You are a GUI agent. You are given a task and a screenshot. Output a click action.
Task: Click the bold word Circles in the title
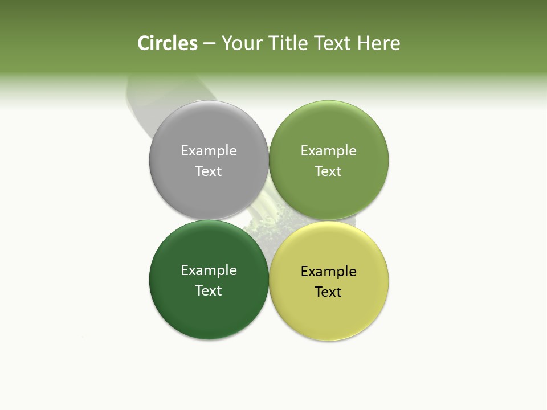pos(167,43)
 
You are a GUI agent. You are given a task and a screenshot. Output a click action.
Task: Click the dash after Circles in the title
pos(209,44)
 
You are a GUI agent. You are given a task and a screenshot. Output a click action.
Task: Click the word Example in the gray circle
pos(209,150)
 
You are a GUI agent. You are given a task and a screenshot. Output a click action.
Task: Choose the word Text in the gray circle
pos(209,171)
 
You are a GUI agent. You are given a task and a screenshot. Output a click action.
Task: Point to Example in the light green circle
pos(328,150)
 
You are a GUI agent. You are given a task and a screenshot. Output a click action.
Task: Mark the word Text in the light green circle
pos(328,171)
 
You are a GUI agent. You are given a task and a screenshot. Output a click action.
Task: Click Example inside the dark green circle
pos(209,270)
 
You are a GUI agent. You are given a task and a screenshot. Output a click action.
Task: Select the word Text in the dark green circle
pos(209,290)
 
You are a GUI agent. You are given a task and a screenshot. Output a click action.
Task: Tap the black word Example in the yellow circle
pos(328,271)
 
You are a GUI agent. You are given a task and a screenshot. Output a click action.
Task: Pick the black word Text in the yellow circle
pos(328,292)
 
